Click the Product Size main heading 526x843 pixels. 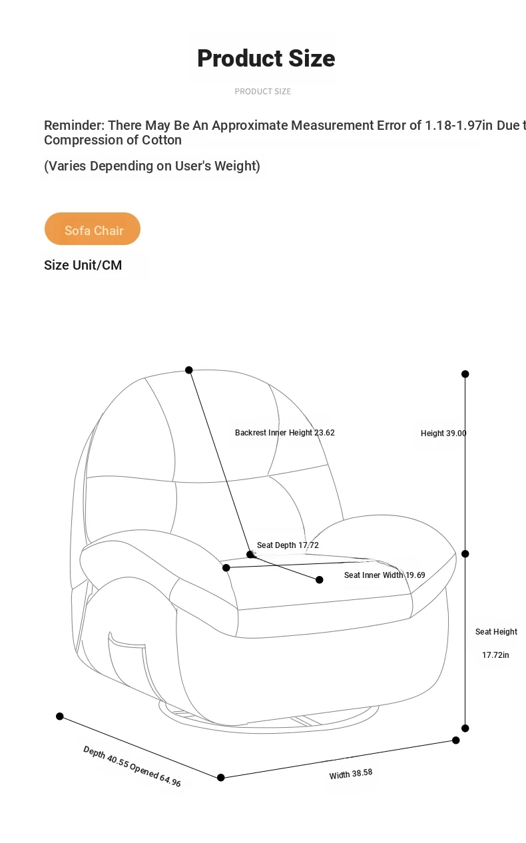266,59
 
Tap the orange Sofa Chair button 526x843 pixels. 93,229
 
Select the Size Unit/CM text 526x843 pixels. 83,265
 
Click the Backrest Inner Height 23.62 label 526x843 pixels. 285,433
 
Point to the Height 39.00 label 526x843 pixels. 443,433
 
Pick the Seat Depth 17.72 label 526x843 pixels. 288,545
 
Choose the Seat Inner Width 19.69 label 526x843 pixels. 385,575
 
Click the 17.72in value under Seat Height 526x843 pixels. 495,655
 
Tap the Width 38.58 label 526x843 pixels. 351,774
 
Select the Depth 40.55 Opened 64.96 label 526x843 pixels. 132,766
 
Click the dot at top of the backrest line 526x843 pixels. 189,370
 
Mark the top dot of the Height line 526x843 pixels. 465,374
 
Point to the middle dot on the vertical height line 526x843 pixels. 465,554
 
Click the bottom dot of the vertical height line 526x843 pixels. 465,728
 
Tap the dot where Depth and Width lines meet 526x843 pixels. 221,778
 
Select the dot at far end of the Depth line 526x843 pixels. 60,716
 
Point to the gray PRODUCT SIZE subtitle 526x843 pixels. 262,91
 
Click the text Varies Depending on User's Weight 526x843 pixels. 152,166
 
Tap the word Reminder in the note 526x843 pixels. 74,125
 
